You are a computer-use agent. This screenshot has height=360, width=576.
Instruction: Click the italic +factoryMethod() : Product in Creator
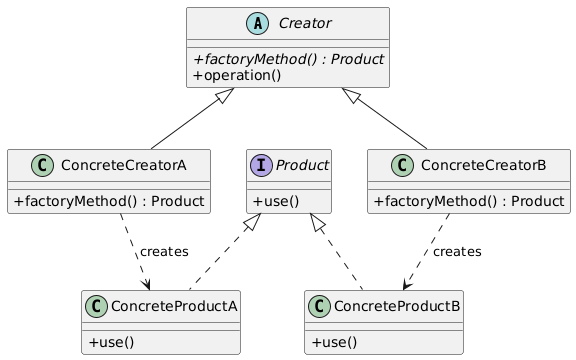[x=288, y=59]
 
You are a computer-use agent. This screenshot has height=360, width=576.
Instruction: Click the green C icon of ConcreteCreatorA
[x=31, y=164]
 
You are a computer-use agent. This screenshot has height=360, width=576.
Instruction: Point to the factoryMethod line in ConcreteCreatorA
[x=108, y=201]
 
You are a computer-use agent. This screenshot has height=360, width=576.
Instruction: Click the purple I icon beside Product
[x=262, y=164]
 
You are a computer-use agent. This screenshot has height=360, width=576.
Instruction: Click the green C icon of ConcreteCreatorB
[x=393, y=164]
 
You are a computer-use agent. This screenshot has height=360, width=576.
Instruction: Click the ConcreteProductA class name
[x=175, y=305]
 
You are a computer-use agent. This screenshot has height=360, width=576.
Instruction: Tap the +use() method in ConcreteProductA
[x=112, y=342]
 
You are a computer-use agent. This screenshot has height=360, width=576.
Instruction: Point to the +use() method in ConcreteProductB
[x=335, y=342]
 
